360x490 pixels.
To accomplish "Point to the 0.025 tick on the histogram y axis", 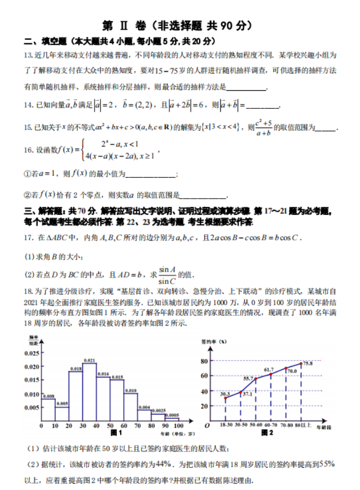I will point(32,353).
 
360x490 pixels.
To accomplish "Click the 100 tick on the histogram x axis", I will point(179,426).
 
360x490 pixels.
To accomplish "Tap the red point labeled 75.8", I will point(301,364).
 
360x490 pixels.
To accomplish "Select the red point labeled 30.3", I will point(226,398).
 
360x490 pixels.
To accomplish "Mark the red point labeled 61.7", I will point(271,374).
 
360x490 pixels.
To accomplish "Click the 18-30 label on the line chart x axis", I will point(226,426).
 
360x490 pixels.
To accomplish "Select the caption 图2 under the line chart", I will point(267,433).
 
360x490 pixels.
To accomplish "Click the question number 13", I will point(29,55).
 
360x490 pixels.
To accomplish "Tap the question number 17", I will point(29,237).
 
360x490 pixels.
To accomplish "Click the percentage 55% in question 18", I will point(327,463).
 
